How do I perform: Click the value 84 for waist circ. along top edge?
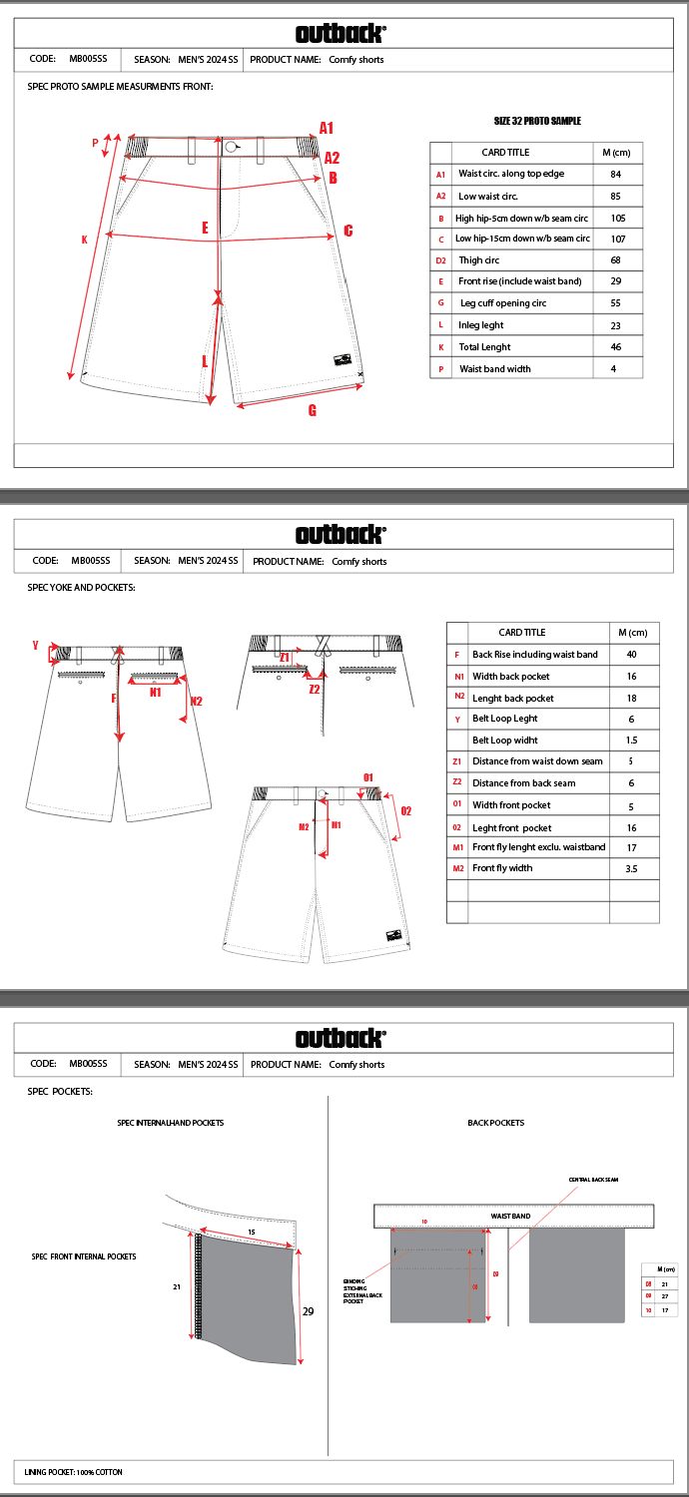tap(615, 174)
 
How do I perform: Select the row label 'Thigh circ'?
tap(479, 260)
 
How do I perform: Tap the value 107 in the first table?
tap(617, 240)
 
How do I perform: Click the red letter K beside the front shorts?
tap(85, 240)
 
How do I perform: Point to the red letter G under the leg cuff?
tap(313, 410)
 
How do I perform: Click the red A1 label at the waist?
tap(327, 128)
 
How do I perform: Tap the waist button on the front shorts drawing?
tap(231, 147)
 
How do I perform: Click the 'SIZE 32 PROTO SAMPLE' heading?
tap(537, 121)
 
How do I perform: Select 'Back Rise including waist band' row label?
tap(535, 655)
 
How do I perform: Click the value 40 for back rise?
tap(631, 655)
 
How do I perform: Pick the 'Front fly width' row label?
tap(502, 868)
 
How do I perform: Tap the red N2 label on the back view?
tap(196, 702)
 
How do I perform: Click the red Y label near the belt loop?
tap(35, 646)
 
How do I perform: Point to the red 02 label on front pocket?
tap(405, 811)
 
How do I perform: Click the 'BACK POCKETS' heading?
tap(495, 1123)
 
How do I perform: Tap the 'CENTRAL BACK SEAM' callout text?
tap(593, 1180)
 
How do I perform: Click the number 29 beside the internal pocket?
tap(308, 1311)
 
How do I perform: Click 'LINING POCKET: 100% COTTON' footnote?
tap(74, 1472)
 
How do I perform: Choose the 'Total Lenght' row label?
tap(484, 347)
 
